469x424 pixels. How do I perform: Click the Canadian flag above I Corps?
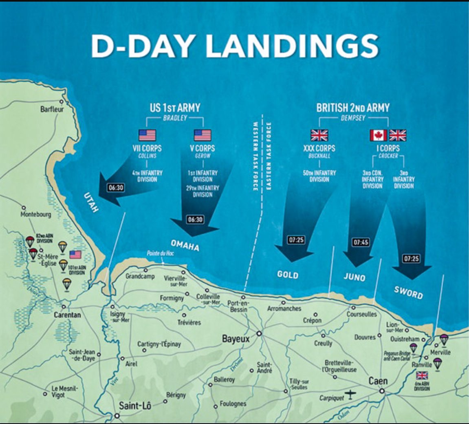pos(378,135)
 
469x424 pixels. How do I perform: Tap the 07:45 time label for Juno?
pos(361,242)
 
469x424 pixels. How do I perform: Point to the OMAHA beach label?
pos(185,246)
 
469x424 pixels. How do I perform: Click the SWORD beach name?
pos(408,292)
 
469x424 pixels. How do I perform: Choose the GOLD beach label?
pos(287,274)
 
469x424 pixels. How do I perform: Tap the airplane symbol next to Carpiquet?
pos(350,395)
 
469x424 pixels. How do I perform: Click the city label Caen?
pos(378,381)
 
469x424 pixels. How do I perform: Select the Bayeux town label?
pos(236,338)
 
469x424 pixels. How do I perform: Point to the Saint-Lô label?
pos(135,405)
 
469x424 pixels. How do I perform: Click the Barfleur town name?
pos(52,109)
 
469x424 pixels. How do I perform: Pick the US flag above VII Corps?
pos(147,135)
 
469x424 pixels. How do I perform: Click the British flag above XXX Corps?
pos(319,135)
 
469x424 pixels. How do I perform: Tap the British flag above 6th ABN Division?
pos(422,375)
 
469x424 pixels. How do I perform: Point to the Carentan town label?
pos(67,315)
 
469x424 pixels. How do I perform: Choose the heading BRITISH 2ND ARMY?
pos(353,108)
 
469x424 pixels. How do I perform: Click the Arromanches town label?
pos(284,309)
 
